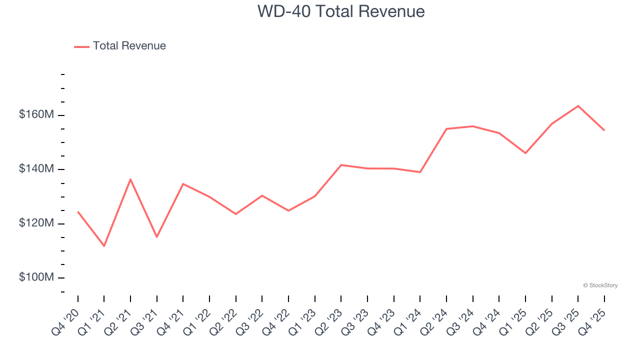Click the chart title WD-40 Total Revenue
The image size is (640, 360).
[x=341, y=11]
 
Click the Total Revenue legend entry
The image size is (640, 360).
[x=120, y=46]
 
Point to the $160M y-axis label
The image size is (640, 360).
[x=36, y=114]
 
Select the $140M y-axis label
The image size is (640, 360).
[x=36, y=169]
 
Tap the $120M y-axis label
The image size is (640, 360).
[x=36, y=223]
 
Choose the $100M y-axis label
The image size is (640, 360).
[x=36, y=277]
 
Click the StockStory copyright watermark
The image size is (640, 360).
[x=600, y=285]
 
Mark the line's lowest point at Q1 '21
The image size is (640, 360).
[x=104, y=246]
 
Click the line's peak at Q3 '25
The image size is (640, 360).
[x=578, y=106]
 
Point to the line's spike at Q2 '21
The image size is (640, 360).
[x=130, y=179]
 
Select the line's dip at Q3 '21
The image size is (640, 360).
[x=157, y=237]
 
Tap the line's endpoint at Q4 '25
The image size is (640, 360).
[x=604, y=130]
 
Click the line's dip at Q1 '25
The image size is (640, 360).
[x=525, y=153]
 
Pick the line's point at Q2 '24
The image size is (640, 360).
[x=446, y=129]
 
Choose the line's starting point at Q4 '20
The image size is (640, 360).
[x=78, y=212]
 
